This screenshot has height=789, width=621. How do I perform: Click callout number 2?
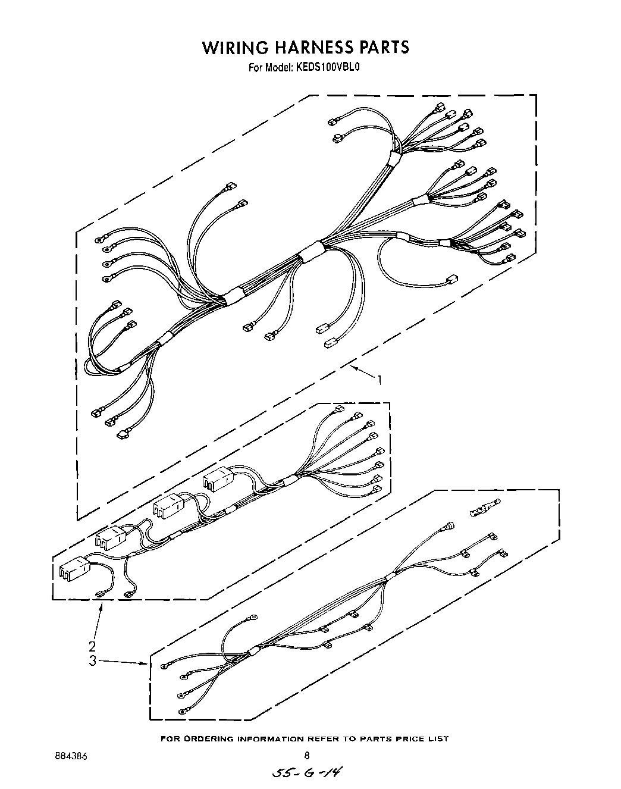pos(92,647)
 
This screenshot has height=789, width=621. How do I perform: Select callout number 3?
pos(92,660)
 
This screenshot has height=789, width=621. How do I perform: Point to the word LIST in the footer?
pos(438,738)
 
